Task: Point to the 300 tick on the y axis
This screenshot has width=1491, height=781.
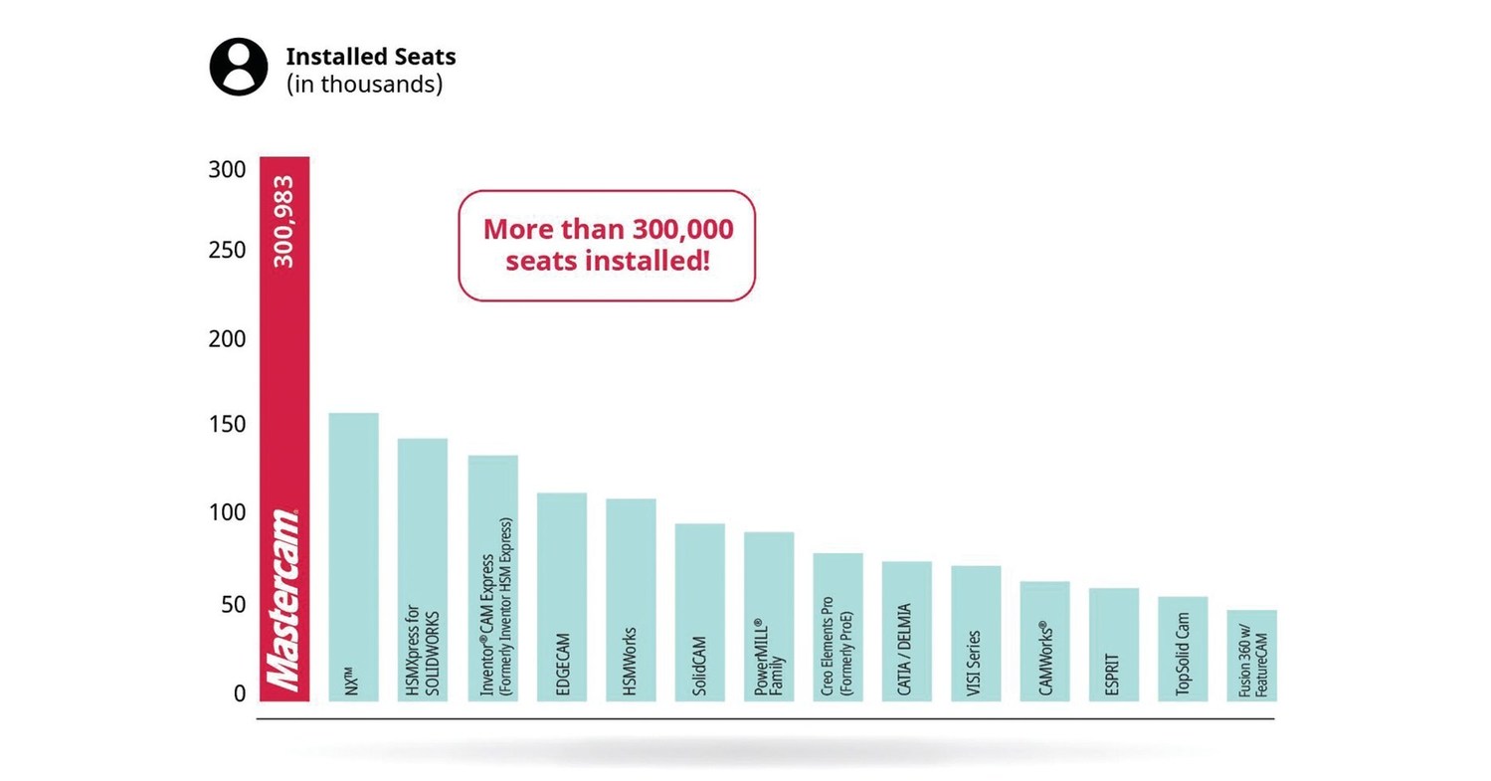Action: click(226, 169)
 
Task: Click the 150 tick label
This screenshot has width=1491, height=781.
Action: click(226, 426)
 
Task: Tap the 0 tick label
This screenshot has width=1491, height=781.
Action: click(239, 693)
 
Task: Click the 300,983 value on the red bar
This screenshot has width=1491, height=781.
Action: click(284, 221)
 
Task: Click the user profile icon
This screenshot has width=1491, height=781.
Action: click(238, 67)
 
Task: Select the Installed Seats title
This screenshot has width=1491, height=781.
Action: click(370, 57)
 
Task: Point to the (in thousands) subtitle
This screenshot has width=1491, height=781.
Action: click(364, 85)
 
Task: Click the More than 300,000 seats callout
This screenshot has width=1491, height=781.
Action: click(607, 245)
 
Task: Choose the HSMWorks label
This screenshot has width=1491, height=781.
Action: click(630, 661)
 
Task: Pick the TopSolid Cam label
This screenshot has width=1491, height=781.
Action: click(1183, 653)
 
